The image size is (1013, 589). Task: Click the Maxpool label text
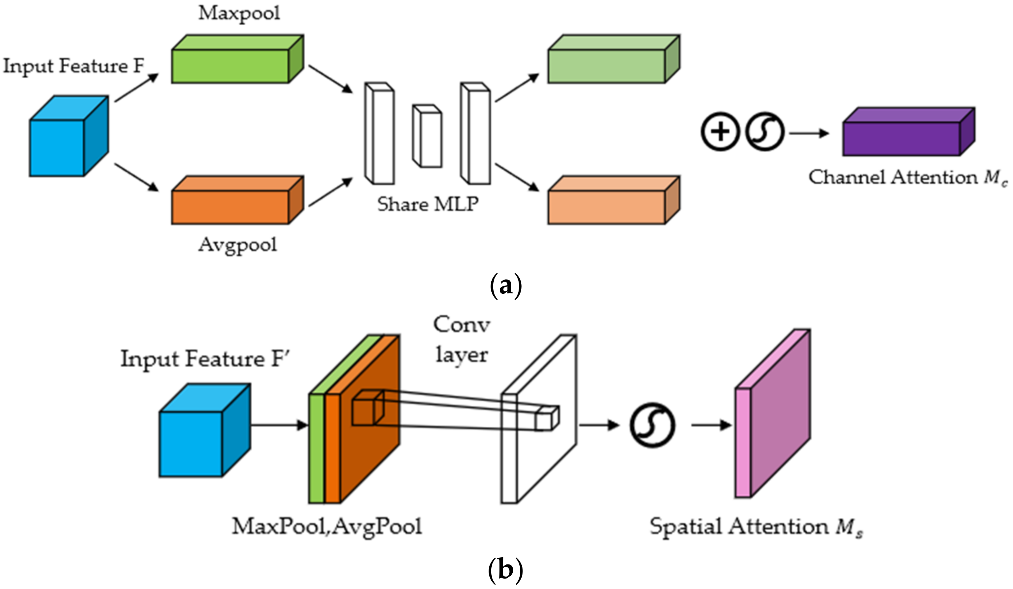[239, 14]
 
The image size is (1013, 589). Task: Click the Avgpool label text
[237, 245]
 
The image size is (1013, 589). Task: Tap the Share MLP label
[428, 204]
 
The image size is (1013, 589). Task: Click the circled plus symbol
[720, 131]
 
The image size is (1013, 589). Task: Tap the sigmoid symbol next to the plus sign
[765, 131]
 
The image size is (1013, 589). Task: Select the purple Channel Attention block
[901, 139]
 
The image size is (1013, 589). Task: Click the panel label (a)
[506, 286]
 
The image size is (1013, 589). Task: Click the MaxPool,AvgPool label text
[327, 526]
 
